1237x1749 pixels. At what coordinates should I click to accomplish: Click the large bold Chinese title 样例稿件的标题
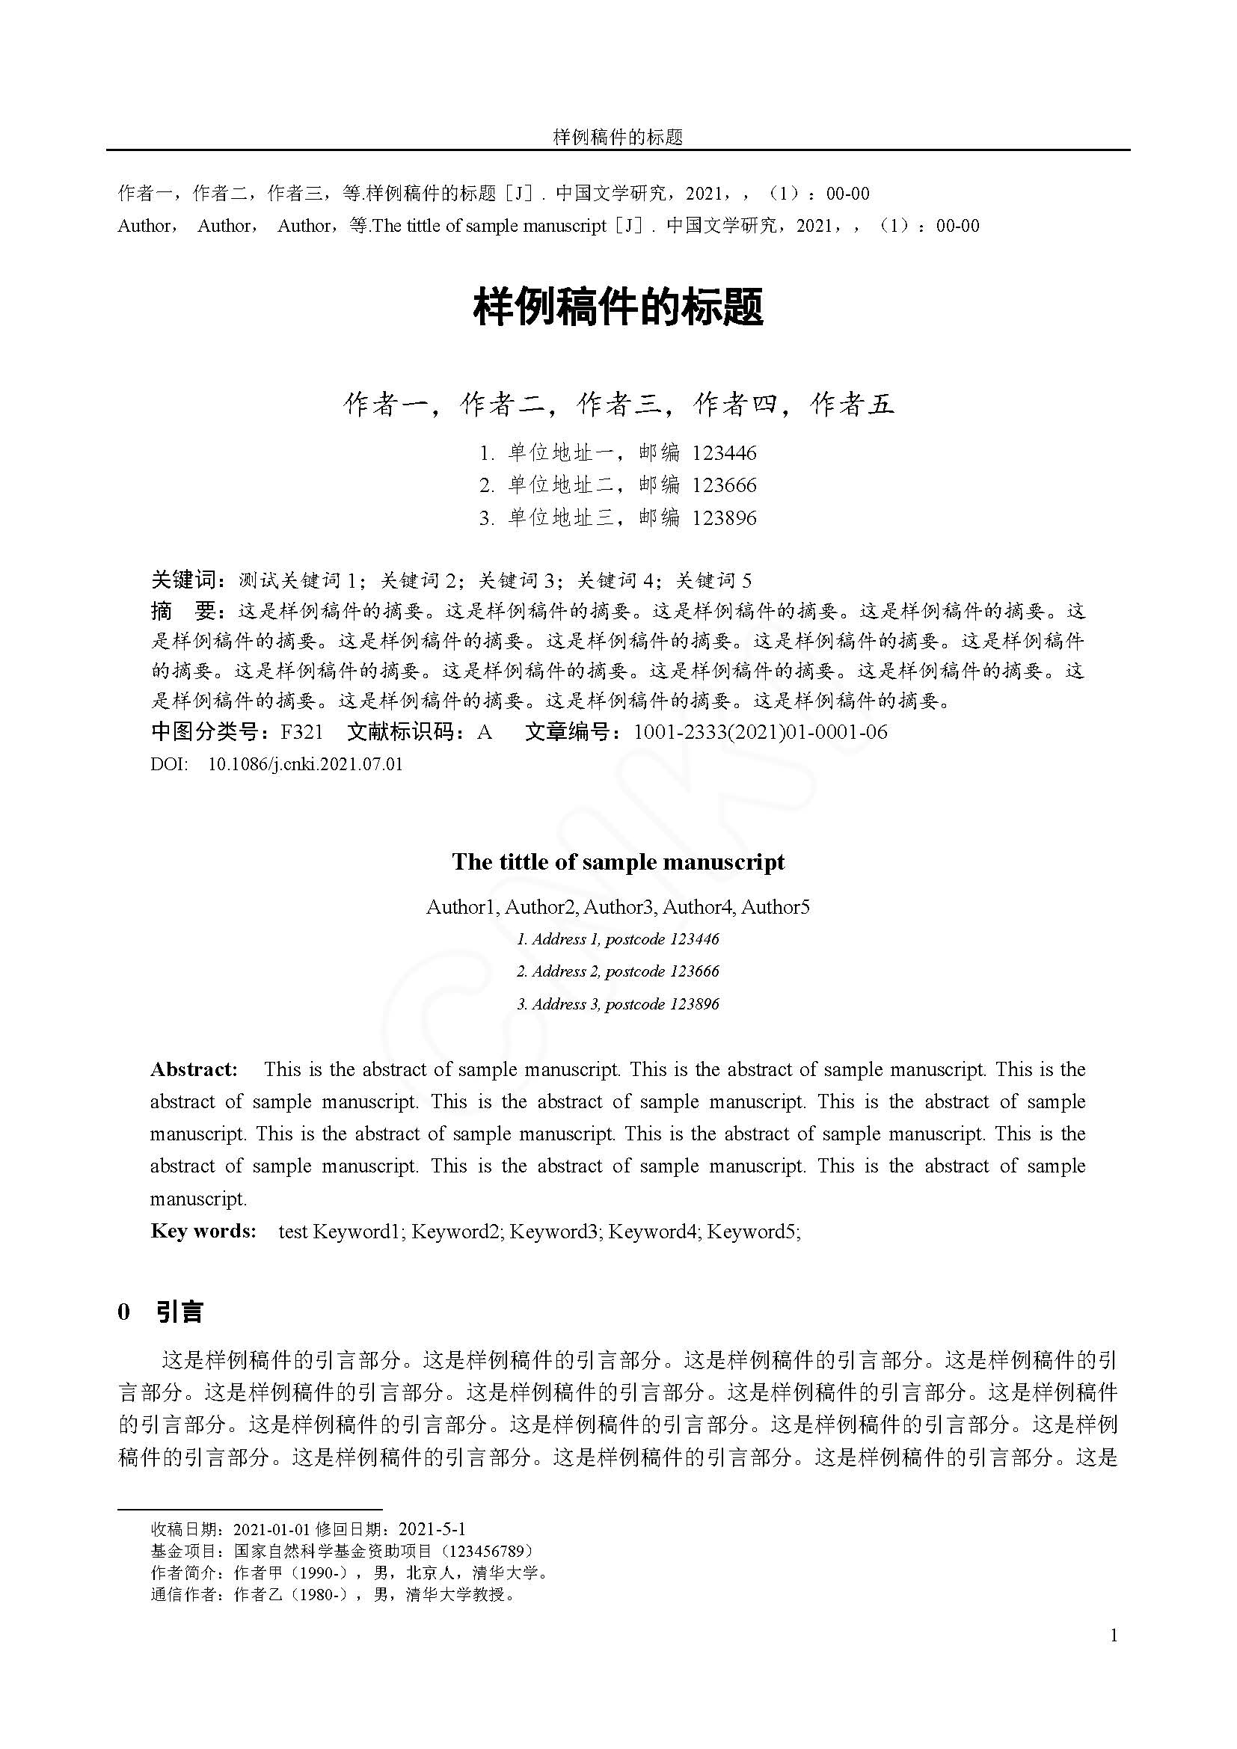pyautogui.click(x=618, y=308)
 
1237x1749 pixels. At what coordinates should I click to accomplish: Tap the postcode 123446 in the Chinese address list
pyautogui.click(x=724, y=453)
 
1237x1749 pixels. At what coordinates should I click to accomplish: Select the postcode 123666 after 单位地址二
pyautogui.click(x=724, y=485)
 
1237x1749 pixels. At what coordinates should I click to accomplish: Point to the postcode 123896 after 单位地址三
pyautogui.click(x=724, y=518)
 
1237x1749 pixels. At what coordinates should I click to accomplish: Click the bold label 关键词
pyautogui.click(x=183, y=580)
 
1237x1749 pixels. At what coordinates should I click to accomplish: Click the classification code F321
pyautogui.click(x=301, y=732)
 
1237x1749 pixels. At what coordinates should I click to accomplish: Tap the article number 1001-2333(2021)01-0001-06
pyautogui.click(x=760, y=732)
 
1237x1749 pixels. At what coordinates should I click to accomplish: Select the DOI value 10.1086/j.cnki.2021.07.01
pyautogui.click(x=304, y=764)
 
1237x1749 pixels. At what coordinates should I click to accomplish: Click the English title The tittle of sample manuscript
pyautogui.click(x=618, y=861)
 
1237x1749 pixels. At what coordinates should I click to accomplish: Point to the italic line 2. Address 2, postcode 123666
pyautogui.click(x=618, y=971)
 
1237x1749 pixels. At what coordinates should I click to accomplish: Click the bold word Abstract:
pyautogui.click(x=194, y=1069)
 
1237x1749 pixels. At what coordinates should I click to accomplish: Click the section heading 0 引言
pyautogui.click(x=161, y=1312)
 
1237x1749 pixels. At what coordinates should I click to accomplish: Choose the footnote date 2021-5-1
pyautogui.click(x=432, y=1529)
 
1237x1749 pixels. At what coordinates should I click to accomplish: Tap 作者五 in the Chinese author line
pyautogui.click(x=852, y=405)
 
